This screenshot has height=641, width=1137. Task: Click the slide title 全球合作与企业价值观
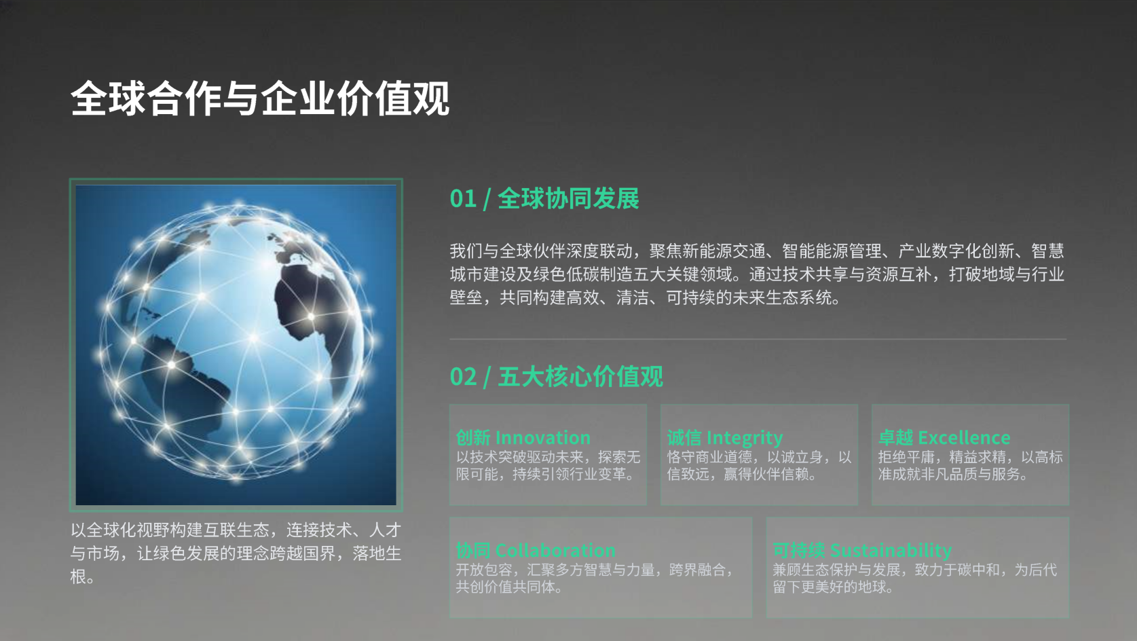[x=260, y=98]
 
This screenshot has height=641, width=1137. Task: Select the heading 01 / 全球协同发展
[x=544, y=198]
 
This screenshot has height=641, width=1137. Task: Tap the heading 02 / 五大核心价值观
[x=557, y=376]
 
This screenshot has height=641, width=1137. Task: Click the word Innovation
[x=542, y=437]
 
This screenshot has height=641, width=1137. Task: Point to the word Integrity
[x=745, y=438]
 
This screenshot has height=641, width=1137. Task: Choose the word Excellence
[x=964, y=437]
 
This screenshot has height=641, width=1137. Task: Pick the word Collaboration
[x=555, y=550]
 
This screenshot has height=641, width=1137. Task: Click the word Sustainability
[x=891, y=551]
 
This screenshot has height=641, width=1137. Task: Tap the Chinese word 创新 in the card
[x=473, y=437]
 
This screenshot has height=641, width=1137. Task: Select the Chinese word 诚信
[x=684, y=437]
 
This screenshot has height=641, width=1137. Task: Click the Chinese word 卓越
[x=895, y=437]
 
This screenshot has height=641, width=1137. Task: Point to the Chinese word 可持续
[x=799, y=550]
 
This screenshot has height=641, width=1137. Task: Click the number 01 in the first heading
[x=463, y=198]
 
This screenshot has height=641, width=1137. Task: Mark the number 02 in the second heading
[x=463, y=377]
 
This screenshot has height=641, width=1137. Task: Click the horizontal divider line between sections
[x=758, y=339]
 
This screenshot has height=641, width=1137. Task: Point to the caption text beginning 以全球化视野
[x=236, y=553]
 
